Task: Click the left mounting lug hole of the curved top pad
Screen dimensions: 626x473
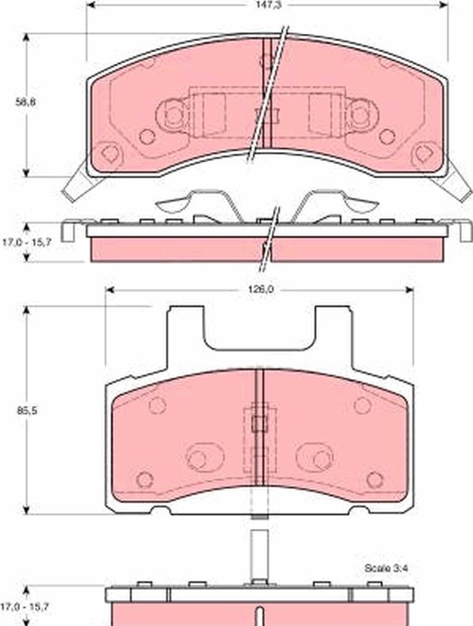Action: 173,115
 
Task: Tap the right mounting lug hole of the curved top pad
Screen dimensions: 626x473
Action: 360,115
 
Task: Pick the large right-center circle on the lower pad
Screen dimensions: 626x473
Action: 320,459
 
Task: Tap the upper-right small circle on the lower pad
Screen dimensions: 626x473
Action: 362,406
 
